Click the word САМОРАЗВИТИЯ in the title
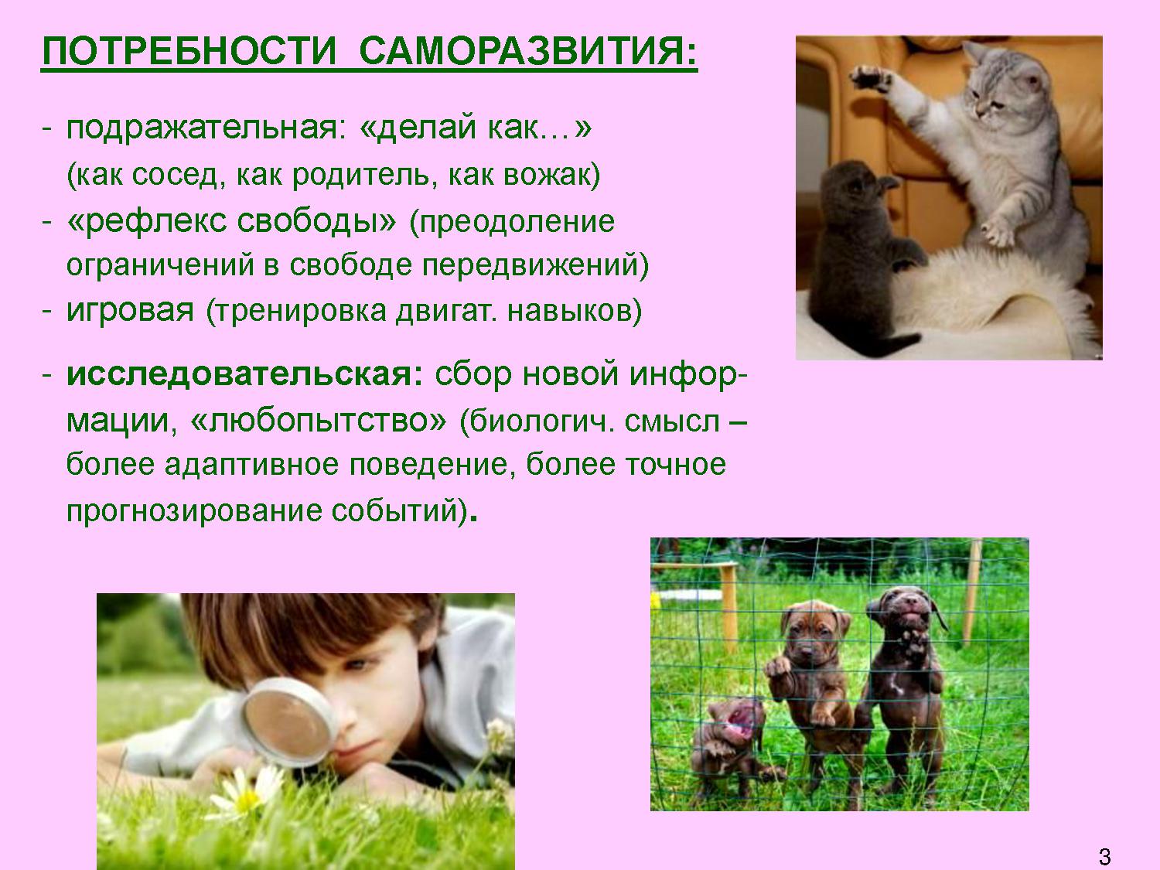[x=528, y=52]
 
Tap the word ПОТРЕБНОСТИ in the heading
[x=189, y=52]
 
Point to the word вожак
[x=548, y=175]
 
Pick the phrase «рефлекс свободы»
[x=231, y=222]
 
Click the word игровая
[x=130, y=311]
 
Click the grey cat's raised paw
[x=869, y=79]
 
